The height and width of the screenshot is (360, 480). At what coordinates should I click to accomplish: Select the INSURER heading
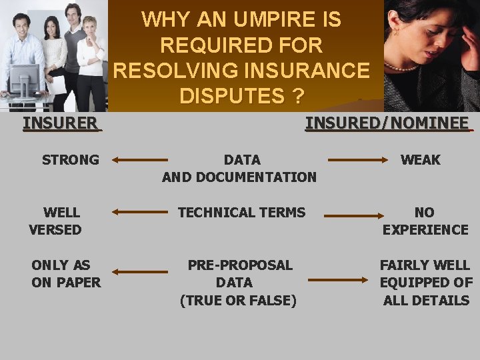point(61,123)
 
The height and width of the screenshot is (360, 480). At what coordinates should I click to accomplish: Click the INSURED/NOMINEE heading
point(387,123)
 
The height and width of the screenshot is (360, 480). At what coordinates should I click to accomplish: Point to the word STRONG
point(70,160)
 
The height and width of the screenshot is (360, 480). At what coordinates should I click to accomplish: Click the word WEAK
point(420,160)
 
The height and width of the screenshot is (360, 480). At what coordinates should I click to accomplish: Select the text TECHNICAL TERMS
point(241,213)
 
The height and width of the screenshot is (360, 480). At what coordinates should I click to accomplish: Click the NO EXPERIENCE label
point(425,221)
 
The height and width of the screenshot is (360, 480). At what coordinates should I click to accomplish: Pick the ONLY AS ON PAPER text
point(65,273)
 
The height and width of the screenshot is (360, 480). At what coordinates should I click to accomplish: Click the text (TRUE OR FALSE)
point(238,301)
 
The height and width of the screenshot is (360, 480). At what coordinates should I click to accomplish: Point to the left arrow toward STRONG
point(140,160)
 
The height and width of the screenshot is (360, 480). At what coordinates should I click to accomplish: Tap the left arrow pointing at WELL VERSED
point(140,213)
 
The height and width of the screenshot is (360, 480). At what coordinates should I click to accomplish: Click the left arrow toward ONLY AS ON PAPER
point(140,271)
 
